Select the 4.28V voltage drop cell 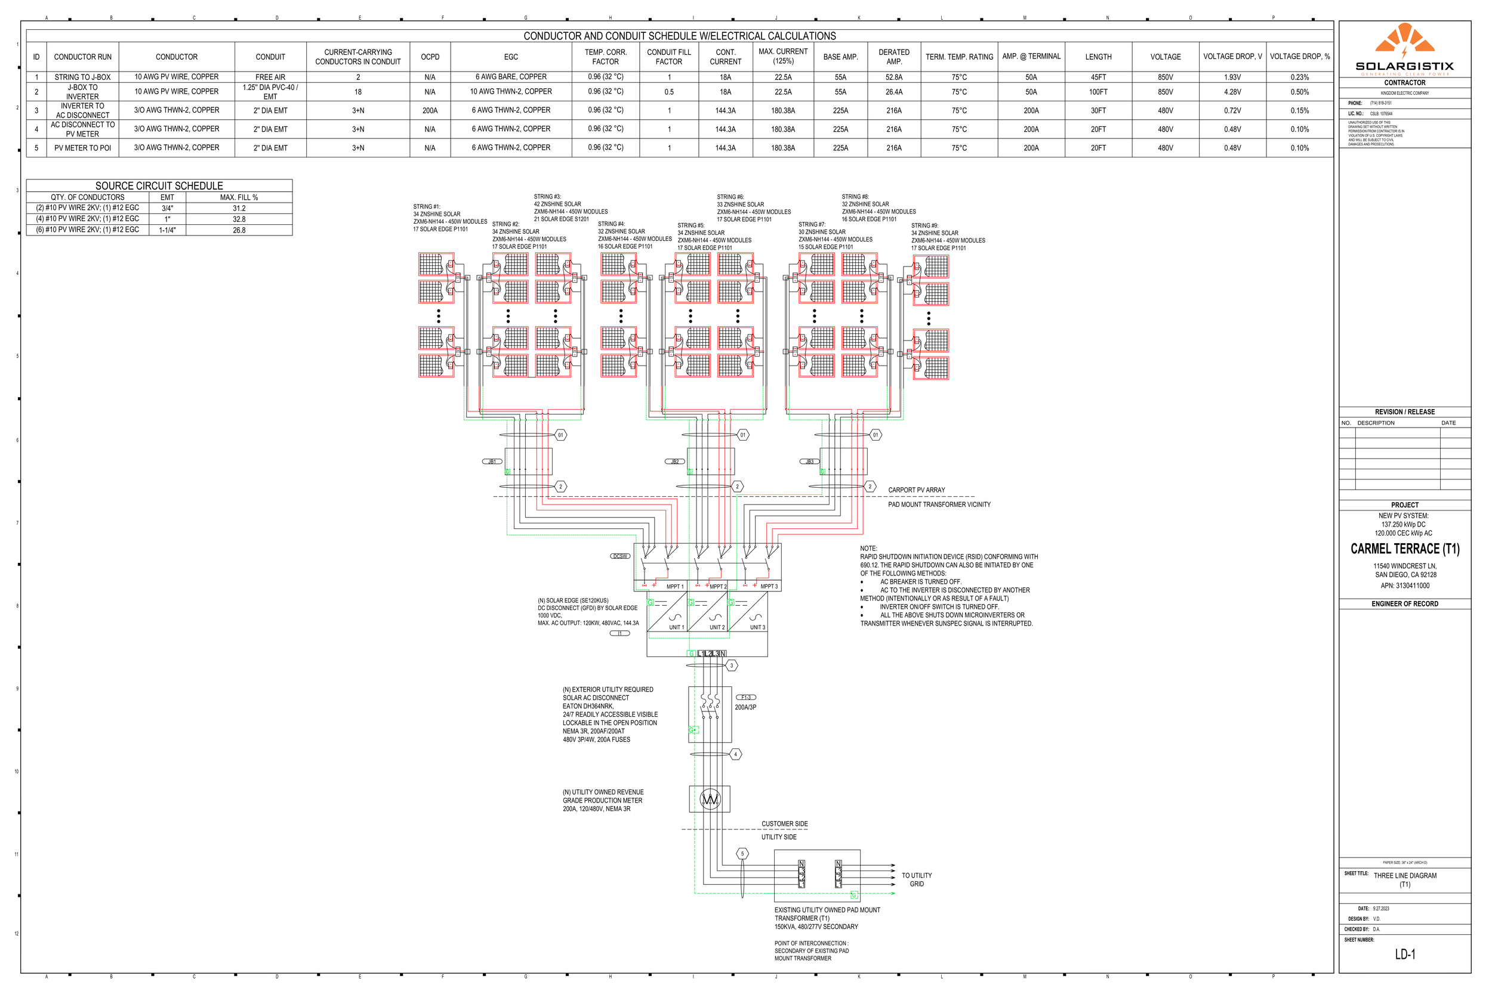1232,92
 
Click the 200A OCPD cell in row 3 430,110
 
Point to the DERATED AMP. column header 894,57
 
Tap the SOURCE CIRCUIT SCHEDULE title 159,185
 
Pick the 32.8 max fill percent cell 239,219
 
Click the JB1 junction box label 492,462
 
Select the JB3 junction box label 809,462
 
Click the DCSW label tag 619,556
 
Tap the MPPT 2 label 717,586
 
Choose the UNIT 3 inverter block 748,612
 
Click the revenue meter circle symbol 710,800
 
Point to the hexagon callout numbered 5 742,854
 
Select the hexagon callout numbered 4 735,754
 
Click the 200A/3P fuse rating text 745,707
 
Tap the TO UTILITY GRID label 917,880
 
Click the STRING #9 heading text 924,225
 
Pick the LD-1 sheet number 1404,954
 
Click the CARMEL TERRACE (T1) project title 1404,549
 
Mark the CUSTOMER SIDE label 785,824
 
